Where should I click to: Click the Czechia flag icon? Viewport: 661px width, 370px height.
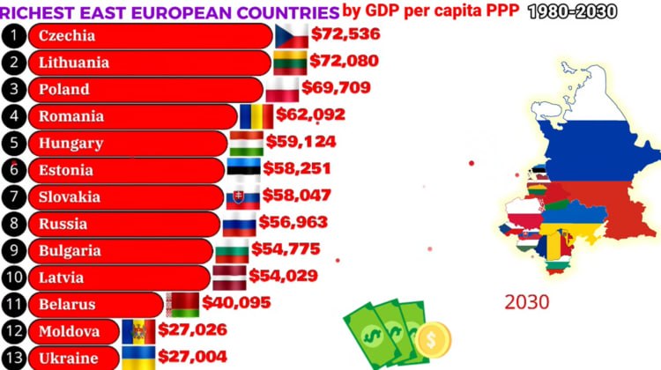tap(292, 36)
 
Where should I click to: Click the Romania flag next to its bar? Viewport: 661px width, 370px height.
tap(256, 115)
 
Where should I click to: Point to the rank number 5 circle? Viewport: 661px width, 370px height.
tap(13, 143)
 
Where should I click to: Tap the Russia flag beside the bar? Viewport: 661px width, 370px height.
tap(238, 225)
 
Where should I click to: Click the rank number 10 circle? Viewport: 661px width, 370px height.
tap(13, 277)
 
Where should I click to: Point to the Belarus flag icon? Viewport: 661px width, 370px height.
tap(182, 304)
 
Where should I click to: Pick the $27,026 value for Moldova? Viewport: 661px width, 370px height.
tap(192, 330)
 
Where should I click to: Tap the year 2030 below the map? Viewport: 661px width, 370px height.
tap(527, 302)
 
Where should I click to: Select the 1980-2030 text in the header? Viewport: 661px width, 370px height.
tap(573, 11)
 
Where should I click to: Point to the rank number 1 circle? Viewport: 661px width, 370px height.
tap(13, 35)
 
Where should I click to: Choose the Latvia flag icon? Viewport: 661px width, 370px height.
tap(229, 277)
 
